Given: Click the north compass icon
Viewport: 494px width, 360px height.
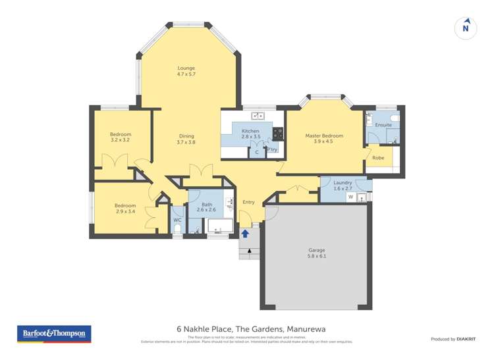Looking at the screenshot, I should click(x=466, y=28).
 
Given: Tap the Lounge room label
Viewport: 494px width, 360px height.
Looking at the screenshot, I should click(x=186, y=71).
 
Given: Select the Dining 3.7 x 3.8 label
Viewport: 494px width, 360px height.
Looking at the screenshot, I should click(x=186, y=139).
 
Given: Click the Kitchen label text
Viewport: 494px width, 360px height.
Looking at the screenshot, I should click(x=250, y=131).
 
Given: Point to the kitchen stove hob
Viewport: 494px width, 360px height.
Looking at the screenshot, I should click(x=278, y=134).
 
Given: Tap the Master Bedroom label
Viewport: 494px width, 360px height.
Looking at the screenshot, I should click(x=323, y=139).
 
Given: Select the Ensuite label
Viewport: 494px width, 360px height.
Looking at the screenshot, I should click(x=383, y=124).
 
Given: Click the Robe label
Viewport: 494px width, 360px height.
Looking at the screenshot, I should click(x=378, y=158).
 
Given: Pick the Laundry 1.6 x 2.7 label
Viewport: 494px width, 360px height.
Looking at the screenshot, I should click(x=343, y=185).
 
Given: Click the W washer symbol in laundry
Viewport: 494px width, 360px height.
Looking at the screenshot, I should click(x=350, y=197).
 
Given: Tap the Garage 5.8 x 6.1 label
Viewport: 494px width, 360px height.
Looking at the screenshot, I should click(x=317, y=253).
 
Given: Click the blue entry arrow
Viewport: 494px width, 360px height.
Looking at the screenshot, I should click(x=245, y=232).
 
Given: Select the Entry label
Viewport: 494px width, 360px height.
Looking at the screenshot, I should click(x=248, y=202).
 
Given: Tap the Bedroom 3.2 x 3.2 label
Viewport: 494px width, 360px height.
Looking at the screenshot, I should click(x=120, y=137).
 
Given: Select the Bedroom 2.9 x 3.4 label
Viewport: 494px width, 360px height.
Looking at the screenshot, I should click(x=124, y=208).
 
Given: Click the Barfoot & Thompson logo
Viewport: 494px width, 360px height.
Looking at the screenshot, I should click(x=54, y=334).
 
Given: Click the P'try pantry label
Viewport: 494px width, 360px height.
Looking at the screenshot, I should click(x=272, y=149).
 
